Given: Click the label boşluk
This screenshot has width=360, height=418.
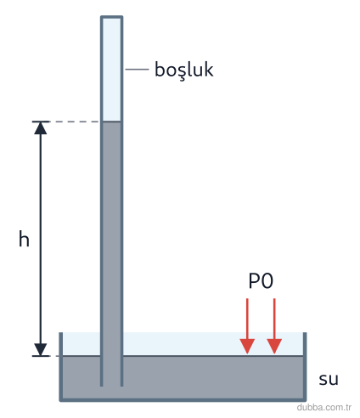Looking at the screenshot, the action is pyautogui.click(x=184, y=70).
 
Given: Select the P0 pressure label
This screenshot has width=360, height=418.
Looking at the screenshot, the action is pyautogui.click(x=261, y=281).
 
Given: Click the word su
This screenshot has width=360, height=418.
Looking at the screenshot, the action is pyautogui.click(x=329, y=379).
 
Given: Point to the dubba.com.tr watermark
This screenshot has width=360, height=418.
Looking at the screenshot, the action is pyautogui.click(x=324, y=407).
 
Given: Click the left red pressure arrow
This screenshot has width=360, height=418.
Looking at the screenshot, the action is pyautogui.click(x=247, y=326).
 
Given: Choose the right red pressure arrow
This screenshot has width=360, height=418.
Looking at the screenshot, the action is pyautogui.click(x=274, y=326).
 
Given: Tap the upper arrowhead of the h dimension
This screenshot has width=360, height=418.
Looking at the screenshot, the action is pyautogui.click(x=41, y=128).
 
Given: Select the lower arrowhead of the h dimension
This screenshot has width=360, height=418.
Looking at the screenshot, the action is pyautogui.click(x=41, y=349).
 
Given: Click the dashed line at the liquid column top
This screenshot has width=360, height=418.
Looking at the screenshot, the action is pyautogui.click(x=77, y=121).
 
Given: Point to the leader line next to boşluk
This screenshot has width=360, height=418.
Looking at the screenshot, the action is pyautogui.click(x=137, y=69).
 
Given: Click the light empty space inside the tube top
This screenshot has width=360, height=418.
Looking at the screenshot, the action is pyautogui.click(x=112, y=70).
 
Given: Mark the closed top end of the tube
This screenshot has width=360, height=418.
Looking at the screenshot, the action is pyautogui.click(x=112, y=17).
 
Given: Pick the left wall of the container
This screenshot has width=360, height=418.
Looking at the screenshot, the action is pyautogui.click(x=61, y=366).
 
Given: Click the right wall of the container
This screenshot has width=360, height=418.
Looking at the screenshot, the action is pyautogui.click(x=305, y=366).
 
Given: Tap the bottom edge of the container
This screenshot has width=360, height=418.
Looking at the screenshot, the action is pyautogui.click(x=183, y=399).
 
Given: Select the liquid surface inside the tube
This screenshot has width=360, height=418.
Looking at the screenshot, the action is pyautogui.click(x=112, y=121).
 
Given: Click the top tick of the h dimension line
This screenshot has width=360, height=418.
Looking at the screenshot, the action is pyautogui.click(x=41, y=121).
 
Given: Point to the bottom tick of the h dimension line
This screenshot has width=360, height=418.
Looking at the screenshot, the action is pyautogui.click(x=41, y=356).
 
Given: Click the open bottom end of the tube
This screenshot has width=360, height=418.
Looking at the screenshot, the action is pyautogui.click(x=112, y=385).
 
